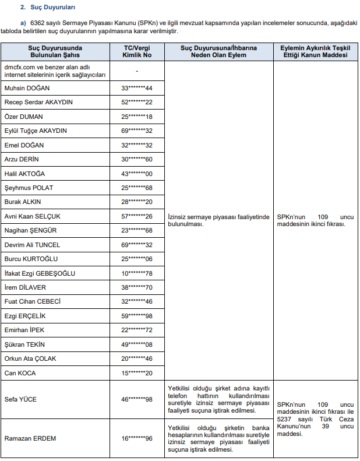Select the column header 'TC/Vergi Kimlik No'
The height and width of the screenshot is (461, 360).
coord(136,51)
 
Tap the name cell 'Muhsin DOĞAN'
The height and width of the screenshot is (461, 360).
coord(27,88)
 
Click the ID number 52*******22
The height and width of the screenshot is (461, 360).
coord(136,102)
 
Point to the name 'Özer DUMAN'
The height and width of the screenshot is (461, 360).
coord(24,117)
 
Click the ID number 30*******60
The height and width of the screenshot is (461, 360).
coord(136,159)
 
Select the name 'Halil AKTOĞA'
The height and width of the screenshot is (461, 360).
coord(24,174)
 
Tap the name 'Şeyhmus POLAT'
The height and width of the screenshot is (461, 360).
coord(28,188)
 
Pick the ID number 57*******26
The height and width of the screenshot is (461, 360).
coord(136,216)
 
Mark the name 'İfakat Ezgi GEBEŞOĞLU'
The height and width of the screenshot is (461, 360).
coord(40,273)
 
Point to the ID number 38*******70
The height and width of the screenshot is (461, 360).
coord(136,287)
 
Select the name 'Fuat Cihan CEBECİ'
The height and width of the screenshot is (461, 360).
coord(33,302)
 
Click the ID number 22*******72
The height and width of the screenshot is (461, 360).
coord(136,330)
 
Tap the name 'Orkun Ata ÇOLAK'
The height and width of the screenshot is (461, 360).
coord(30,358)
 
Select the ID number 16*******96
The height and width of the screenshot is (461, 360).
coord(136,438)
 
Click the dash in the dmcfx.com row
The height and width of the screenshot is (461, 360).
coord(136,71)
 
